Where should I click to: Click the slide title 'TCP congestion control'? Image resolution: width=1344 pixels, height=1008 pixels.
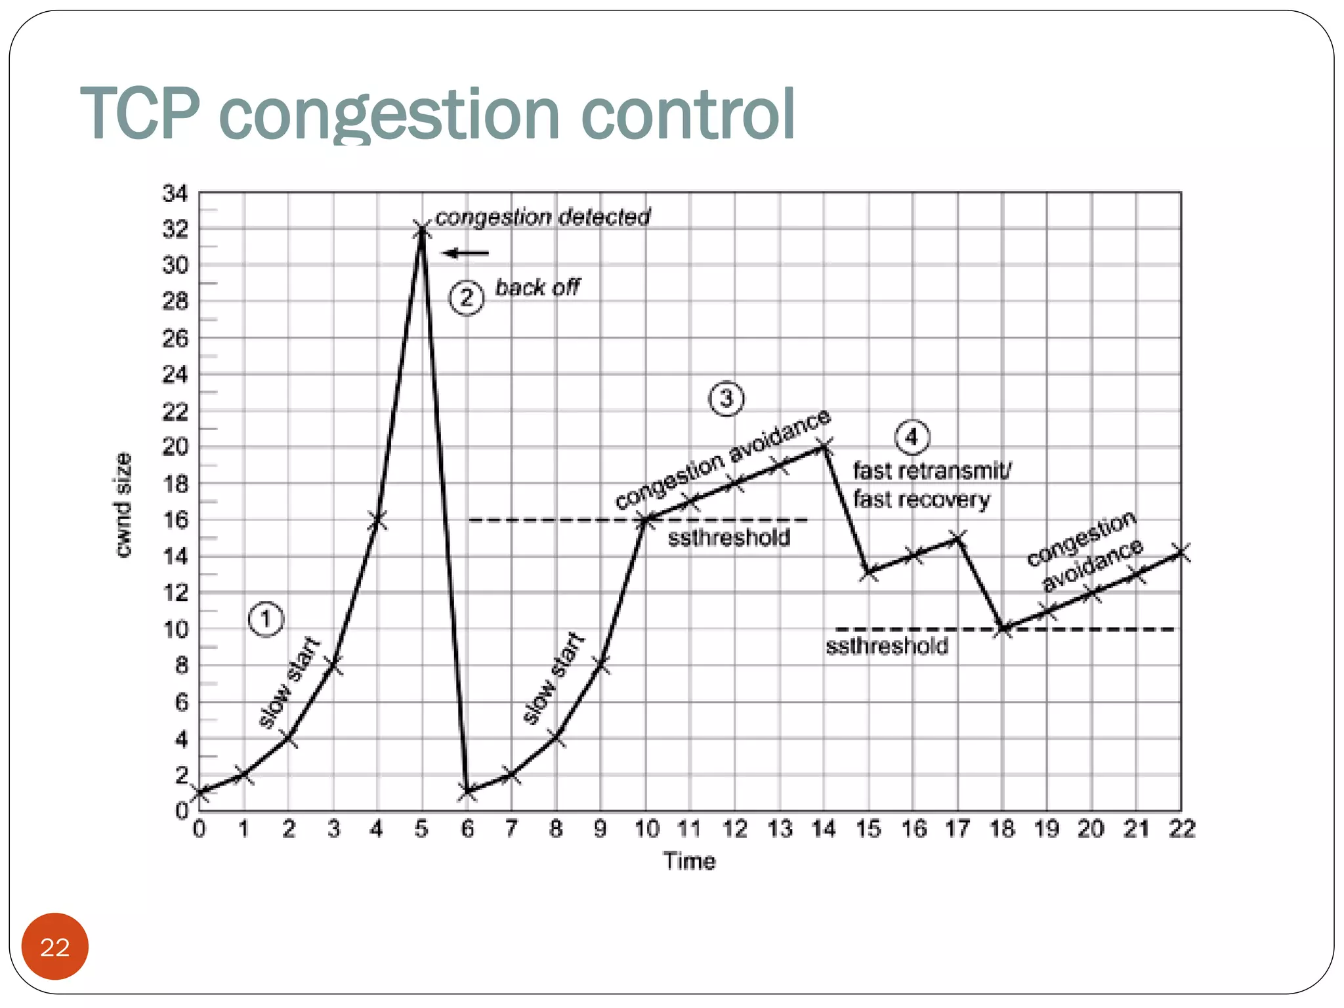[437, 114]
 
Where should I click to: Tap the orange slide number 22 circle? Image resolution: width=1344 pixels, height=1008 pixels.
[54, 946]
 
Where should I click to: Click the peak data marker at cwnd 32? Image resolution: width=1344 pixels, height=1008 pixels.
[421, 230]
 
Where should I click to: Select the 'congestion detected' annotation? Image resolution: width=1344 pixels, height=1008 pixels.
[543, 217]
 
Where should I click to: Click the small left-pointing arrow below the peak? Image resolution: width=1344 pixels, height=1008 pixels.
[466, 253]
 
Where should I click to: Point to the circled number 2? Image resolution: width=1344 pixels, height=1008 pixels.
[467, 298]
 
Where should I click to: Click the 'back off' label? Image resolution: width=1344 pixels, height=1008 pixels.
[537, 287]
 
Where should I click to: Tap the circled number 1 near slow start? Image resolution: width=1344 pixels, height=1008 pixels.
[266, 619]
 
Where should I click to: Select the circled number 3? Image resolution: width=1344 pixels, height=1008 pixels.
[726, 398]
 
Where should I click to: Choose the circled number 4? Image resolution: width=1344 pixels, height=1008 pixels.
[912, 437]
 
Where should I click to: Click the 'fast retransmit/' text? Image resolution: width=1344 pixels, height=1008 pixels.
[932, 471]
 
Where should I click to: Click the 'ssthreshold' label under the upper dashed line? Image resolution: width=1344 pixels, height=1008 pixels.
[729, 538]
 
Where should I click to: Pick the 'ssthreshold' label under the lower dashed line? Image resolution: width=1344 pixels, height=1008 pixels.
[887, 646]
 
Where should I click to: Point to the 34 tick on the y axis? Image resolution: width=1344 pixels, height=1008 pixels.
[175, 194]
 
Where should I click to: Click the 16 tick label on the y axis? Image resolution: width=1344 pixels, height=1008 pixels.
[175, 520]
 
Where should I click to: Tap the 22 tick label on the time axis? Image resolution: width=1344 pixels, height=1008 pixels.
[1181, 829]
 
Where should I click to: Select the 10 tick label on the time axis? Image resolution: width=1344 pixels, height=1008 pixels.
[646, 829]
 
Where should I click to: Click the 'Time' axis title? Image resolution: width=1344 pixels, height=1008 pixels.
[689, 861]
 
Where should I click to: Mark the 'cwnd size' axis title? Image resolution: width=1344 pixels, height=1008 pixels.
[123, 505]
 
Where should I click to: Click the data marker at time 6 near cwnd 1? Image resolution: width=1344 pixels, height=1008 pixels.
[467, 791]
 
